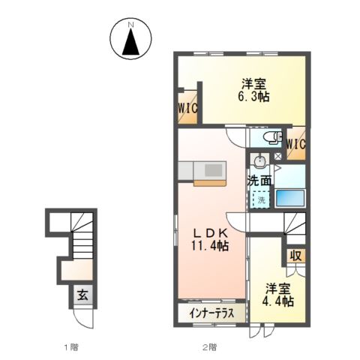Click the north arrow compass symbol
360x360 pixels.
click(130, 38)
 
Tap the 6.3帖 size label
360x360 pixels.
click(253, 96)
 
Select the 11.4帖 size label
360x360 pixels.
click(210, 246)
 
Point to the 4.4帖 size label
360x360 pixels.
click(277, 301)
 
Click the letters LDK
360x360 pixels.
click(211, 233)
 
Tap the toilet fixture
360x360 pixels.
click(273, 137)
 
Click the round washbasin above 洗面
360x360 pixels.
click(260, 160)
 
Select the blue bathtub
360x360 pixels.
click(290, 198)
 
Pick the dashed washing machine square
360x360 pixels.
click(261, 199)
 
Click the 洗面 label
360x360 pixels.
click(259, 181)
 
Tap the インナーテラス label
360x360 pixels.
click(211, 313)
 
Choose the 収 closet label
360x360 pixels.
click(295, 256)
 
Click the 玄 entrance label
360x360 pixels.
click(82, 296)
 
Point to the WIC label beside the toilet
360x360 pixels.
click(296, 144)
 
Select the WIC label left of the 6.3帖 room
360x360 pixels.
click(187, 109)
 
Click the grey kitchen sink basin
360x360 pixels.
click(214, 170)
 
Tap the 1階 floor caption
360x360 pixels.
click(71, 347)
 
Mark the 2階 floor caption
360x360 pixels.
click(209, 347)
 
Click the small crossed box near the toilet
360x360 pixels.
click(278, 156)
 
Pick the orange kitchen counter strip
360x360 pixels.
click(210, 183)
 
